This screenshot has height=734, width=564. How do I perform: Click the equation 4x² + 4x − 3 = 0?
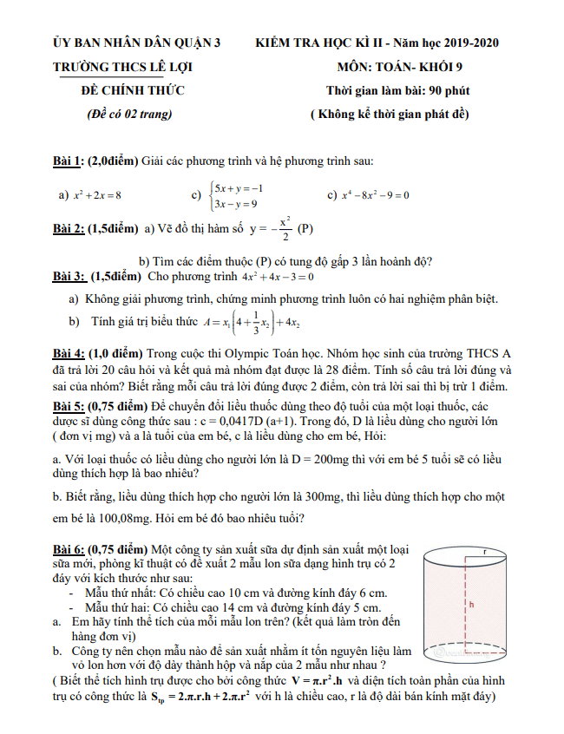tap(279, 278)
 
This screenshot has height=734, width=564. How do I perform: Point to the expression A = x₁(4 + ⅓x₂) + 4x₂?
tap(252, 323)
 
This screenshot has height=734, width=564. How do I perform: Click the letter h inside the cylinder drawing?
tap(471, 604)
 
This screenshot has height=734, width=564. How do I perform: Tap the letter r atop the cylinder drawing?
tap(487, 552)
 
